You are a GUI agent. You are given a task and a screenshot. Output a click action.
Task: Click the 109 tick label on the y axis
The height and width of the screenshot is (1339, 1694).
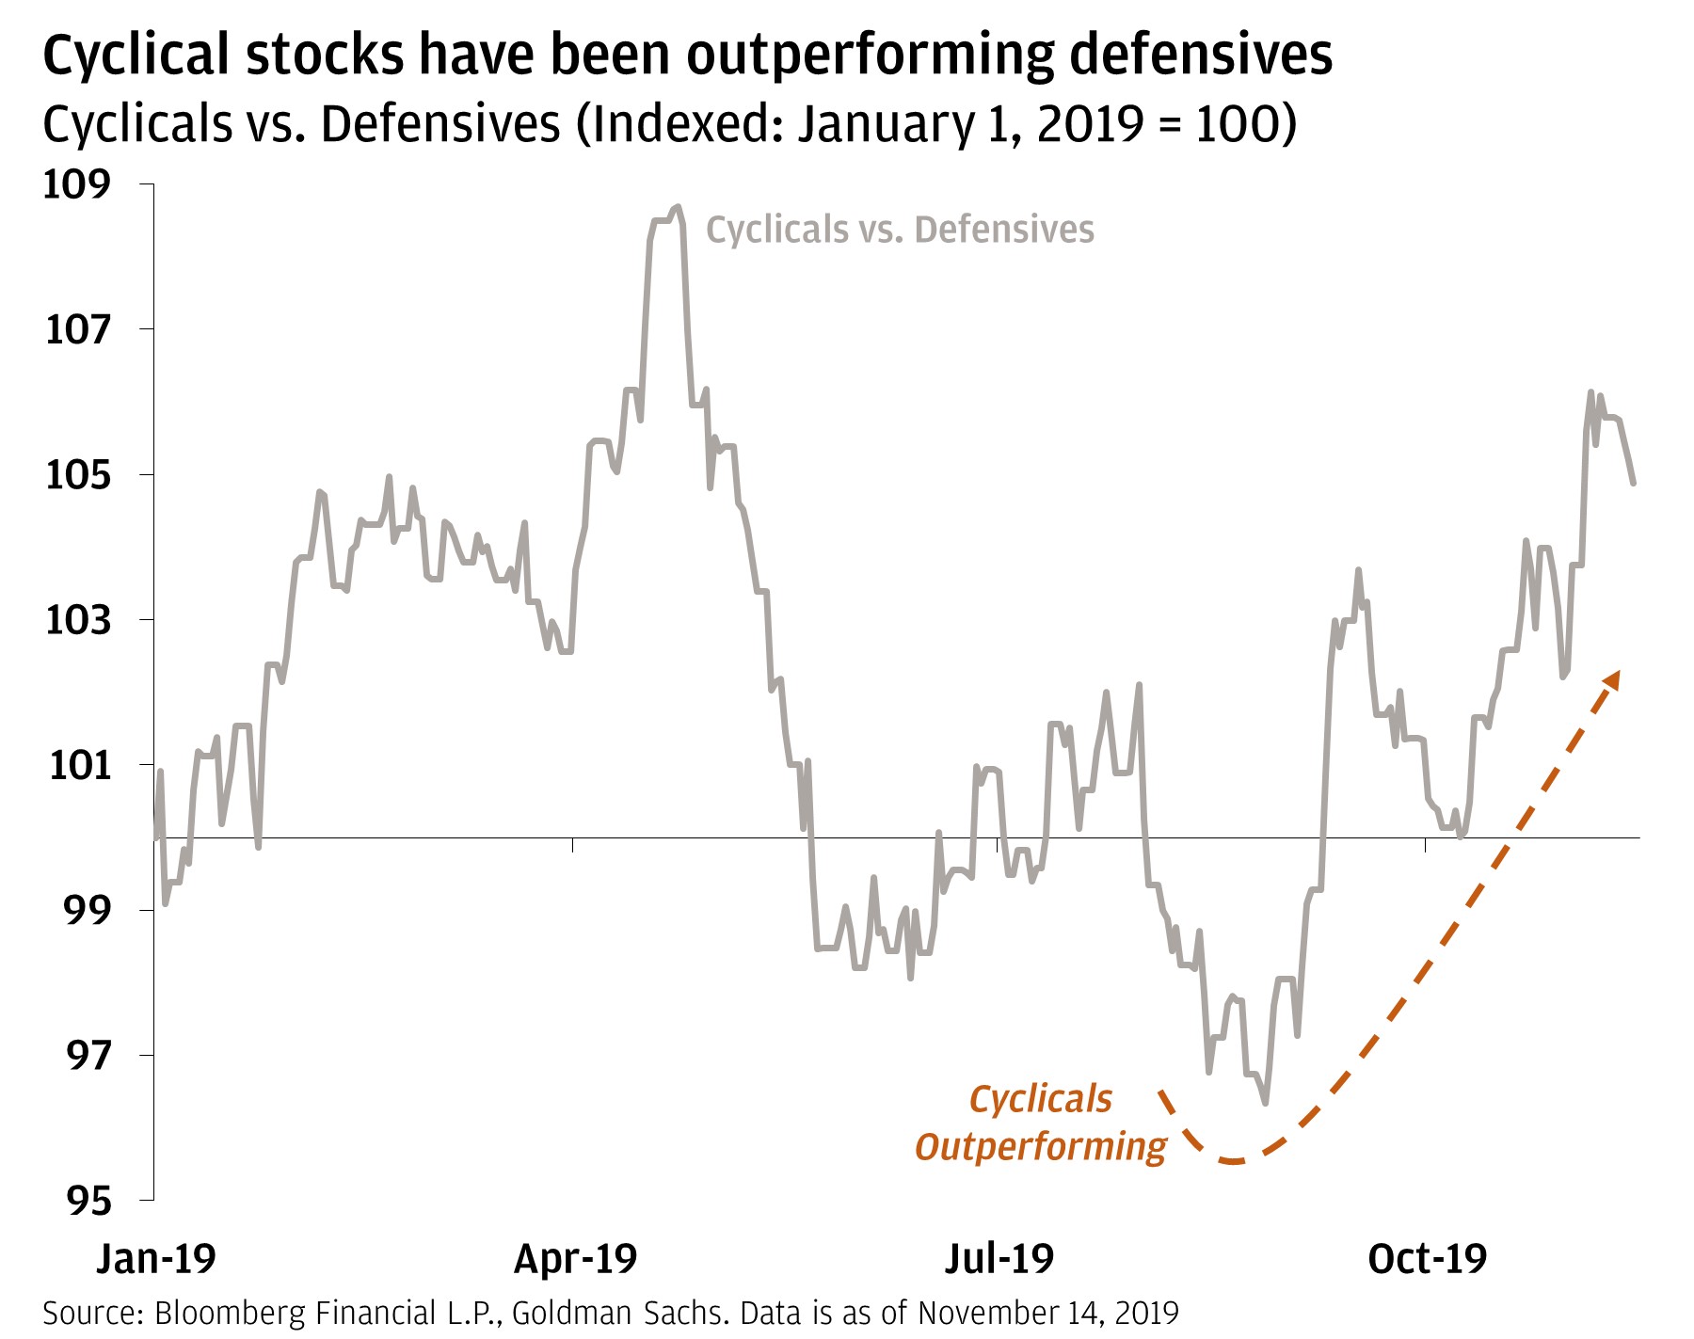pos(77,184)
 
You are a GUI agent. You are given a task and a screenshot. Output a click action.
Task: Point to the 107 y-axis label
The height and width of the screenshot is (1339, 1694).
pos(77,329)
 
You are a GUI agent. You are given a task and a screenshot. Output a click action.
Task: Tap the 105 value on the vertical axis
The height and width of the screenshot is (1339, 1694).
pos(77,475)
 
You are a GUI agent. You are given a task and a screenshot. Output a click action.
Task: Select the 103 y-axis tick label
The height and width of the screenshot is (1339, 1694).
pos(77,620)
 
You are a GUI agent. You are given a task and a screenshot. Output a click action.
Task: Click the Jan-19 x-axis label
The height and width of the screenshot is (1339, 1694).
pos(156,1258)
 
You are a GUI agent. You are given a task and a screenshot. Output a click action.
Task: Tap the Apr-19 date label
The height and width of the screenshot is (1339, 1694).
pos(575,1258)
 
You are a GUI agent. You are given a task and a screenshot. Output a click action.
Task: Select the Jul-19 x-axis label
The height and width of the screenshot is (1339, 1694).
pos(999,1258)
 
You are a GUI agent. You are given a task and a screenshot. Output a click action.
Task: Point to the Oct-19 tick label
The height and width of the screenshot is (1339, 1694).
pos(1427,1258)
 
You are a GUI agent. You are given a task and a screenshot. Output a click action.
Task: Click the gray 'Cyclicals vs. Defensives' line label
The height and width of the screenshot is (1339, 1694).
pos(900,230)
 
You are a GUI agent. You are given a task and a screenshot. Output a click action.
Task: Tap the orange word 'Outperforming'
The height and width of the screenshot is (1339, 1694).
pos(1041,1147)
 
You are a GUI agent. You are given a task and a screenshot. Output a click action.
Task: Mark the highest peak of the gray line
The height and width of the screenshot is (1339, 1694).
pos(678,207)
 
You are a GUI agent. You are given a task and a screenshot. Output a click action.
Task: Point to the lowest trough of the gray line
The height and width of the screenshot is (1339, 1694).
pos(1265,1102)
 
